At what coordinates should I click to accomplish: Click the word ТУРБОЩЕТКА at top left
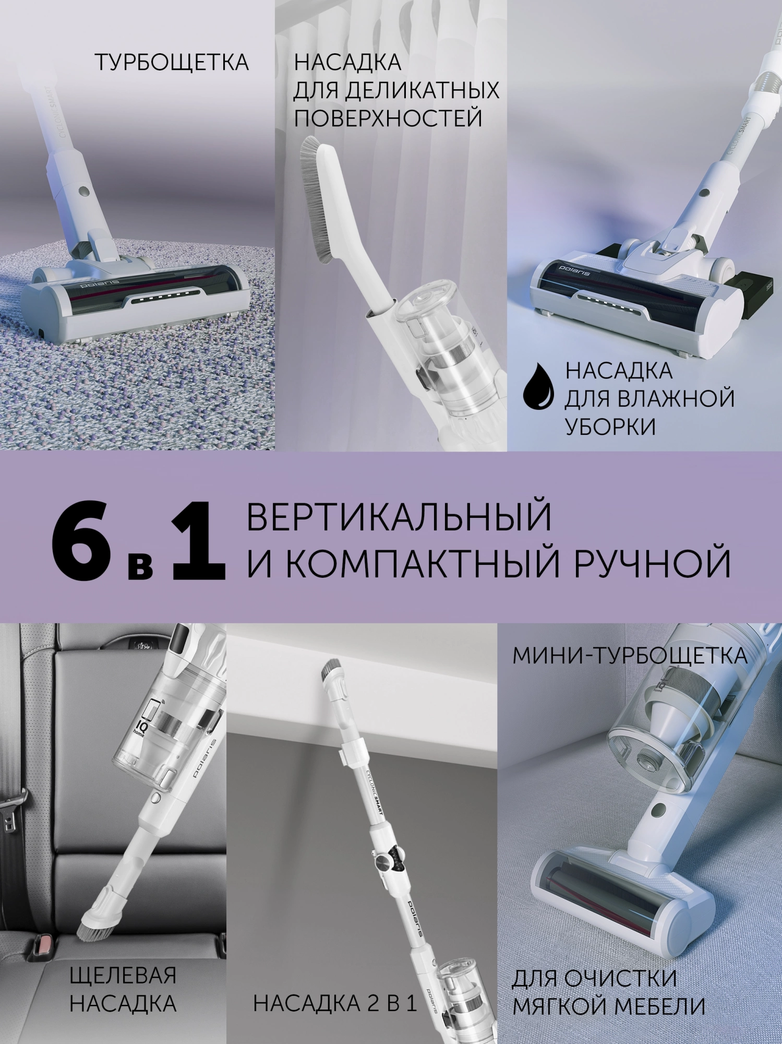coord(172,63)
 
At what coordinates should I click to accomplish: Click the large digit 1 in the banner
coord(199,540)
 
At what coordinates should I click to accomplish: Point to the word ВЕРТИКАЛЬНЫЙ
coord(399,516)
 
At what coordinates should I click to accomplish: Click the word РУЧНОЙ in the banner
coord(653,563)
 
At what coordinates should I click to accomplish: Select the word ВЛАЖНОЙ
coord(675,399)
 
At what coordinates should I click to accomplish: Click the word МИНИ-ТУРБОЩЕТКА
coord(630,656)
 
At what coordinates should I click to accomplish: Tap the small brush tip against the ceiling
coord(332,668)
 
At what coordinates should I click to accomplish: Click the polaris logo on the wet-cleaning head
coord(575,270)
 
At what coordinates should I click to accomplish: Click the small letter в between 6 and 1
coord(141,565)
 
